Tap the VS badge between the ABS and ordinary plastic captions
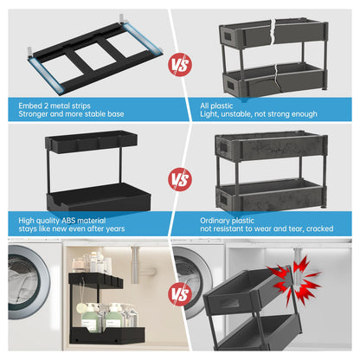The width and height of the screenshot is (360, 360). [179, 179]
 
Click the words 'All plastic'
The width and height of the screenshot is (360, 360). [216, 105]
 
